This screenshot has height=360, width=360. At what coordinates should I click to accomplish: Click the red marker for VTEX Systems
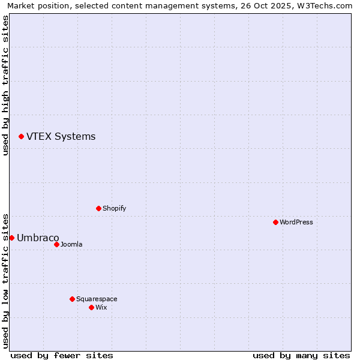pos(21,137)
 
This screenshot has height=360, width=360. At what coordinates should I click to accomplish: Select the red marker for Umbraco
pos(11,238)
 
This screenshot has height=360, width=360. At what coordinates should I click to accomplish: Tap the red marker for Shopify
pos(98,208)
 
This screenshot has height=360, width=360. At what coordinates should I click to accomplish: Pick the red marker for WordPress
pos(275,222)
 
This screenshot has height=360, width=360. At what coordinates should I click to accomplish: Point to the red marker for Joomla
pos(56,244)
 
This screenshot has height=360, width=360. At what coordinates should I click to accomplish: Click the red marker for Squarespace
pos(72,299)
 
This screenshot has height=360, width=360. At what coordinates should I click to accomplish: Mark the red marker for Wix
pos(91,307)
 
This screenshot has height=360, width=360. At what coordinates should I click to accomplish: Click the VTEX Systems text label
pos(61,137)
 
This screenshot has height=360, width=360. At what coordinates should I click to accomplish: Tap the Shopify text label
pos(114,208)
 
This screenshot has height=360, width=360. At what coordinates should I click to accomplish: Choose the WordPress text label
pos(296,222)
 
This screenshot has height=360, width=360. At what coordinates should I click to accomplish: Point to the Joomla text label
pos(71,244)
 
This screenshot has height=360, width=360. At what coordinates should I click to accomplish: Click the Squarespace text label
pos(97,299)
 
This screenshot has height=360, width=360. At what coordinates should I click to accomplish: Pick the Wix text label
pos(101,307)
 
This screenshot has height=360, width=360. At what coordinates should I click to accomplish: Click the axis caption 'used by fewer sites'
pos(62,355)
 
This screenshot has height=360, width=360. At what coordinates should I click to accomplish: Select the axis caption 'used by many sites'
pos(301,355)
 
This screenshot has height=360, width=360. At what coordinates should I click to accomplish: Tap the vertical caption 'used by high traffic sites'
pos(5,86)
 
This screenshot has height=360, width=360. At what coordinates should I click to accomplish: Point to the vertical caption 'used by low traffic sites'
pos(5,281)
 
